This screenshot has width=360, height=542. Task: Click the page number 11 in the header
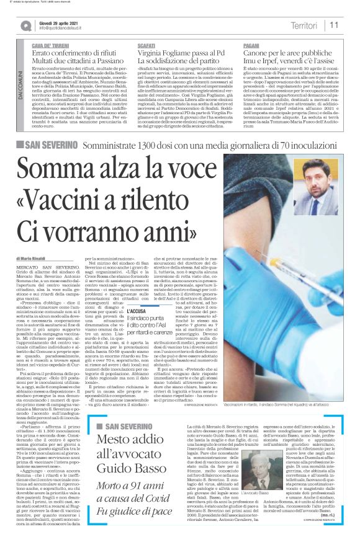(x=335, y=25)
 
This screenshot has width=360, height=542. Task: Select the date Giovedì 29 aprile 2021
(x=60, y=20)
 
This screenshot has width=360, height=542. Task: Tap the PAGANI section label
(x=251, y=46)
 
